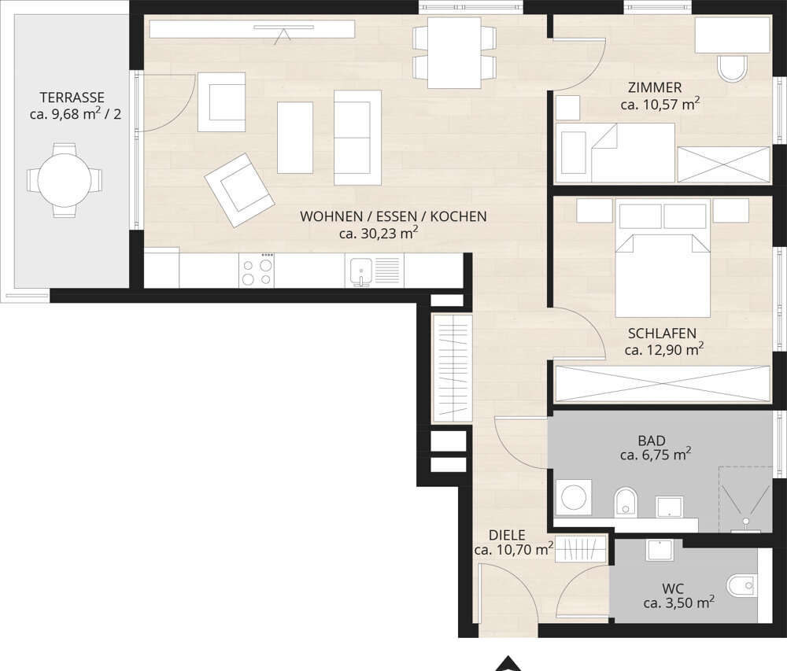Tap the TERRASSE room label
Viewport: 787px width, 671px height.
point(72,98)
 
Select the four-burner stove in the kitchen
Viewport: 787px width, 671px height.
point(257,270)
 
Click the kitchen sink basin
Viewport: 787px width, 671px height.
point(359,271)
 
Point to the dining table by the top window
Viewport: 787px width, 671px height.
point(454,53)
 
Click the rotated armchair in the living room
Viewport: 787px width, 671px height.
point(239,190)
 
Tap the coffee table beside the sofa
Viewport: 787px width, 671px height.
point(295,138)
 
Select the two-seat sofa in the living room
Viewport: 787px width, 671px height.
point(357,138)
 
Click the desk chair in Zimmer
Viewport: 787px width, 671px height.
point(732,68)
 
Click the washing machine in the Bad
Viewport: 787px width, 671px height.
point(574,497)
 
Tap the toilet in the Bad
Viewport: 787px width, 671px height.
point(626,500)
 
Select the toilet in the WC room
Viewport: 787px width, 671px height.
point(741,584)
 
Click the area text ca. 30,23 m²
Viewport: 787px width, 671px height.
point(379,233)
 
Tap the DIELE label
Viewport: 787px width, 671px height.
point(507,535)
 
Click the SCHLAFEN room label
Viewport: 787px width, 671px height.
point(662,334)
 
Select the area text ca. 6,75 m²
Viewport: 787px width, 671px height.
point(656,455)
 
